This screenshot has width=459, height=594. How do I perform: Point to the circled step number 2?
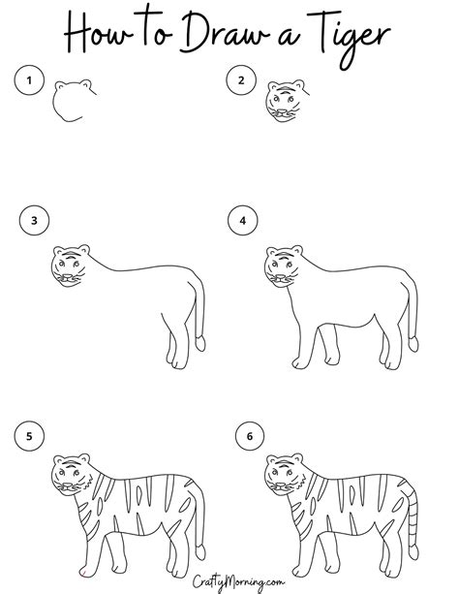(240, 79)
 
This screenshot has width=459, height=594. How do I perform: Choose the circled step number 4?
(243, 221)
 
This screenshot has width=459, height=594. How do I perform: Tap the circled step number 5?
(29, 437)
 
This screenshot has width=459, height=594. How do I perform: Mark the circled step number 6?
(249, 437)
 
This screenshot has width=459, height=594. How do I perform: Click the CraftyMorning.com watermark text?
(229, 581)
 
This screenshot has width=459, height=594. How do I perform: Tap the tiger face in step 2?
(281, 102)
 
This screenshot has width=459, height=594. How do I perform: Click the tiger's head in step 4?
(280, 264)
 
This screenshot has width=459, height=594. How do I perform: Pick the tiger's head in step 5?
(69, 477)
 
